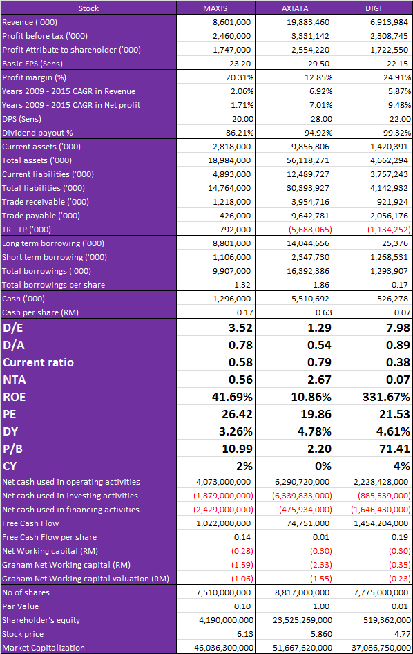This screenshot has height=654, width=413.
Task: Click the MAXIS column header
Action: [x=215, y=8]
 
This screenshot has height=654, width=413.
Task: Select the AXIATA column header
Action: [x=295, y=8]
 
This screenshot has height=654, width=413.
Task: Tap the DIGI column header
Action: [x=374, y=8]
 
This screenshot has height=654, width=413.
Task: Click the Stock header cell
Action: [x=89, y=8]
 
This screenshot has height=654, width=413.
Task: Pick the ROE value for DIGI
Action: [x=386, y=397]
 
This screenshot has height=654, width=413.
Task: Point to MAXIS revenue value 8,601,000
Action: [x=232, y=22]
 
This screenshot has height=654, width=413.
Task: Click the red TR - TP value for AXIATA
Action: [x=310, y=230]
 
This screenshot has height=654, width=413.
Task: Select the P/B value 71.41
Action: [x=398, y=449]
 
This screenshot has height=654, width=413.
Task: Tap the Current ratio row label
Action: [x=39, y=362]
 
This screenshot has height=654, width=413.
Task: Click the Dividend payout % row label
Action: [x=37, y=133]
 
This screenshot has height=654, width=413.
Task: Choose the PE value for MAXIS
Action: [x=237, y=413]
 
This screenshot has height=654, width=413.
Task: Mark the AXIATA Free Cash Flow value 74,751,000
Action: [x=309, y=523]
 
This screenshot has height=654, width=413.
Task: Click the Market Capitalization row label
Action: [x=44, y=648]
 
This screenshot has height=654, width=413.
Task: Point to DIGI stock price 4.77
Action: [x=403, y=634]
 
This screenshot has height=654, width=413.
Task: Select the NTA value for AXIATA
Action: [x=319, y=379]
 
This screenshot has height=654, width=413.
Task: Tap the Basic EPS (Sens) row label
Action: [x=32, y=64]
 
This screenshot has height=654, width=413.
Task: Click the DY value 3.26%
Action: [x=236, y=431]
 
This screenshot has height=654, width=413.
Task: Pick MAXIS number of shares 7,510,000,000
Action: [x=223, y=592]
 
